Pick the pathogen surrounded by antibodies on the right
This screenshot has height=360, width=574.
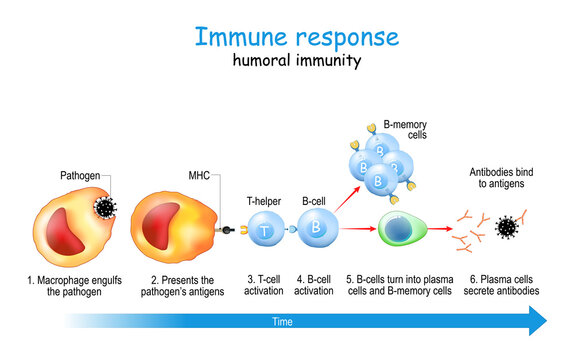(508, 228)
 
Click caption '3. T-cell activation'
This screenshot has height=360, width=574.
(264, 284)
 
